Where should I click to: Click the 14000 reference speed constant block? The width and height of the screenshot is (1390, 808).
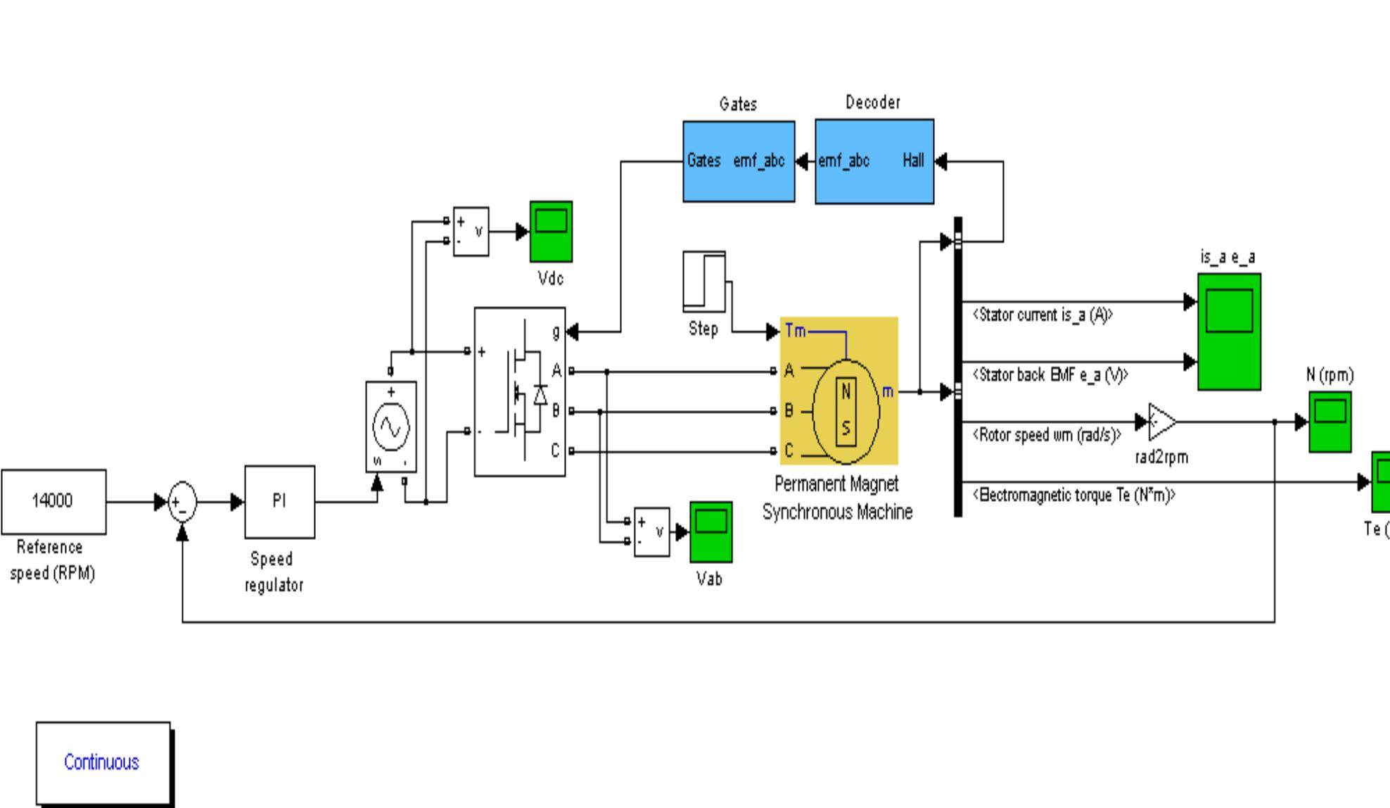53,501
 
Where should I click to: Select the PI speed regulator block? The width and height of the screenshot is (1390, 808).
279,501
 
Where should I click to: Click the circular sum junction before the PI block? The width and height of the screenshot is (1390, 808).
182,503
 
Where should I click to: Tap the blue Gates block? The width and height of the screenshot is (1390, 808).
738,161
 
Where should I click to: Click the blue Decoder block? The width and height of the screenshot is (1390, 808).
874,161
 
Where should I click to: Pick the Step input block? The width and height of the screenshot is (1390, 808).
703,282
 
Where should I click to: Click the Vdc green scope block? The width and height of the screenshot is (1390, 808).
551,231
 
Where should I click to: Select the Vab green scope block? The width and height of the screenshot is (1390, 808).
710,531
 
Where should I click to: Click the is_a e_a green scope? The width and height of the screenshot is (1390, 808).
1229,331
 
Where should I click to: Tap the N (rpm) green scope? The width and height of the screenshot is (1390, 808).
1330,421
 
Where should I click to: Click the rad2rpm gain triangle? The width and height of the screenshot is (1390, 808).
1161,422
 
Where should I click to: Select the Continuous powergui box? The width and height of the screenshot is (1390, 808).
103,762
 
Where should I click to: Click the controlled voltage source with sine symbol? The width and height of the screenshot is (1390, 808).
391,427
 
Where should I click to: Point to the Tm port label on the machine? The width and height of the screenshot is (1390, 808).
795,331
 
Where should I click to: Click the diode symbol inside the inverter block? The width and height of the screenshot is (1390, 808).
540,395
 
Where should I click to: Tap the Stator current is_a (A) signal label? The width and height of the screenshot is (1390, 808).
1042,315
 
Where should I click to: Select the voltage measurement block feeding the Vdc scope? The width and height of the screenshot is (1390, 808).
471,231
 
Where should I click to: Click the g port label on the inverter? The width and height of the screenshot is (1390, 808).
556,331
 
